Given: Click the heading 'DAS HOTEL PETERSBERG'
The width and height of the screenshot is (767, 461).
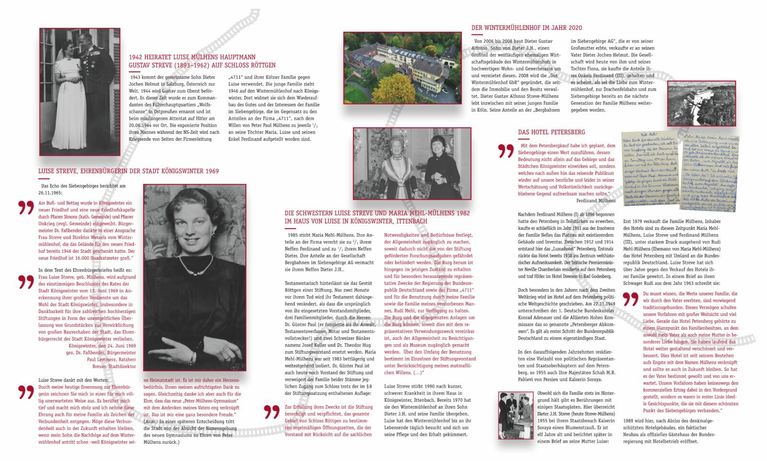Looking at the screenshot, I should point(551,132).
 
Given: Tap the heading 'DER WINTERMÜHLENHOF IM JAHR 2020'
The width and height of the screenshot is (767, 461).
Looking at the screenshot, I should point(527,28).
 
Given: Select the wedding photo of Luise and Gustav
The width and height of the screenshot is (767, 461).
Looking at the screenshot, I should point(80,91).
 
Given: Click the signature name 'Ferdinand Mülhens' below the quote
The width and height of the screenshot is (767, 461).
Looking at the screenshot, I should point(596,200).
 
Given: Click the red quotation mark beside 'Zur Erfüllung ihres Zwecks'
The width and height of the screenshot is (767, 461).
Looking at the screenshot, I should point(272,413).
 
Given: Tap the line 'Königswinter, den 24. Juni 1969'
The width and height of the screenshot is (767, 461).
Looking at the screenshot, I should point(102,346).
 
